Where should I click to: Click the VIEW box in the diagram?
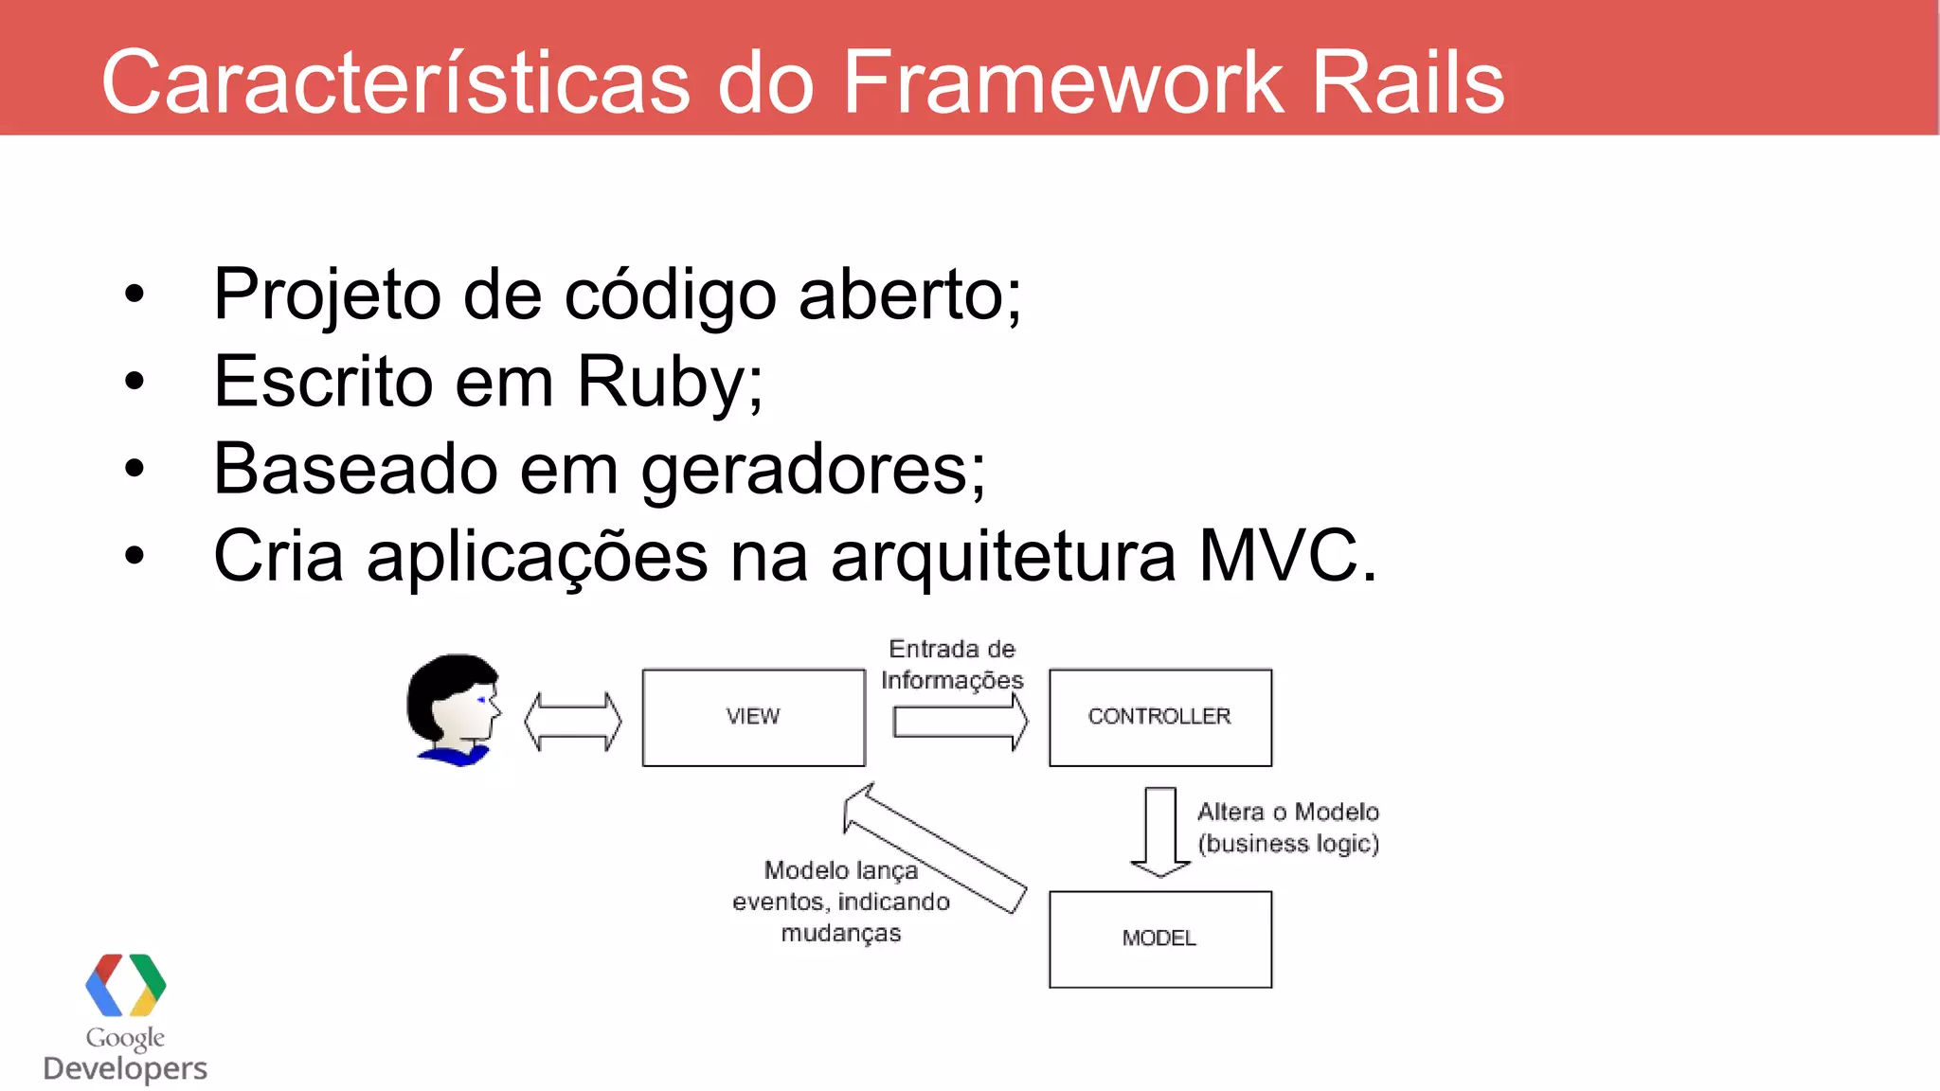[753, 717]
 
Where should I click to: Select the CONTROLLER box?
[1159, 717]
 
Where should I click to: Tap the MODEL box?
[1159, 939]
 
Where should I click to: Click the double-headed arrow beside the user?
[573, 722]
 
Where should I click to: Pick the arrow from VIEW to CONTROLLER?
[960, 722]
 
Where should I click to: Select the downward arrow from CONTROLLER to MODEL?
[1160, 832]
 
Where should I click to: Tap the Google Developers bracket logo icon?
[125, 985]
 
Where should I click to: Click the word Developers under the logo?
[125, 1068]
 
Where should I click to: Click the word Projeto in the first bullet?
[327, 295]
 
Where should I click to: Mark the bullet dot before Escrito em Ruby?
[135, 382]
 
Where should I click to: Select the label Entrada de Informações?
[952, 665]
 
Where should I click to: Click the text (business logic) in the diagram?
[1288, 844]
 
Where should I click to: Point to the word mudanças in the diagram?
[841, 934]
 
